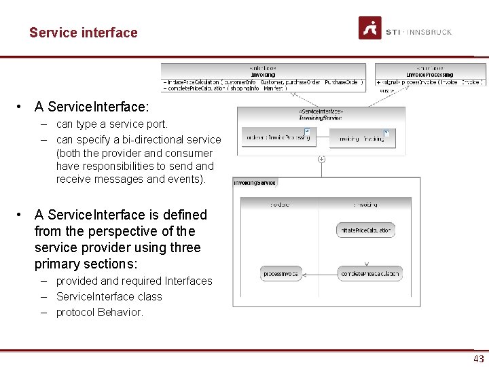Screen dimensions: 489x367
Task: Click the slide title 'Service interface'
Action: pyautogui.click(x=83, y=33)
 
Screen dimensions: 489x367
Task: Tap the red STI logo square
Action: pyautogui.click(x=369, y=28)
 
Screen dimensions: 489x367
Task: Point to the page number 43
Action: pyautogui.click(x=479, y=359)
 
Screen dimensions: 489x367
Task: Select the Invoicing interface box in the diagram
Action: pyautogui.click(x=263, y=78)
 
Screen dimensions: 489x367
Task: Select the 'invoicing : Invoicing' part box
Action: pyautogui.click(x=361, y=139)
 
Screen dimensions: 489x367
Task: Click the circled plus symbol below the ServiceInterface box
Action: pyautogui.click(x=321, y=160)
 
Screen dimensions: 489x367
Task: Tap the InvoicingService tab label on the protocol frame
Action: pyautogui.click(x=255, y=183)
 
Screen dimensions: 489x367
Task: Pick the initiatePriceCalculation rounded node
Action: pyautogui.click(x=365, y=230)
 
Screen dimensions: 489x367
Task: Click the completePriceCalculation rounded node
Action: pyautogui.click(x=370, y=274)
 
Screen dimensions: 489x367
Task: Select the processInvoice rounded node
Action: pyautogui.click(x=281, y=274)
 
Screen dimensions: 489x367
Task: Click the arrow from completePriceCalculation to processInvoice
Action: pyautogui.click(x=319, y=274)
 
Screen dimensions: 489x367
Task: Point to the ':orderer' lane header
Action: pyautogui.click(x=279, y=204)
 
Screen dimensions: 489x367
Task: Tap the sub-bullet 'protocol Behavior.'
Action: pyautogui.click(x=99, y=312)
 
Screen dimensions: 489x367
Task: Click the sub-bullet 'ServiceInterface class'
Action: pyautogui.click(x=109, y=296)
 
